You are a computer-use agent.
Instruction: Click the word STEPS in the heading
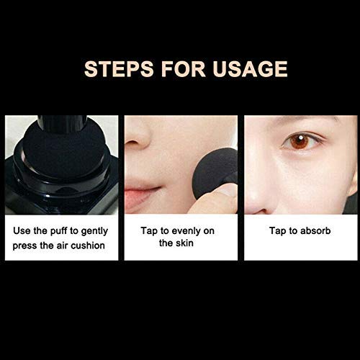119,69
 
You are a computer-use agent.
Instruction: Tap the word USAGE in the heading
250,69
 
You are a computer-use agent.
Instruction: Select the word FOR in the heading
183,69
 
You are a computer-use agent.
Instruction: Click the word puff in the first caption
58,231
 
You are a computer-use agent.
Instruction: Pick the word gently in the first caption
94,232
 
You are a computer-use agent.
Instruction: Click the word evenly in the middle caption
186,231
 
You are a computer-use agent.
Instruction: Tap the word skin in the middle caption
184,243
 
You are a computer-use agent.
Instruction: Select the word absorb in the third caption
315,231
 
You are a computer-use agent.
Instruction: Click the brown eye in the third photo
300,141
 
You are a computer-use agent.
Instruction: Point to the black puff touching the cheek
215,171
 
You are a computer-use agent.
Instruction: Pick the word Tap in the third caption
278,231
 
